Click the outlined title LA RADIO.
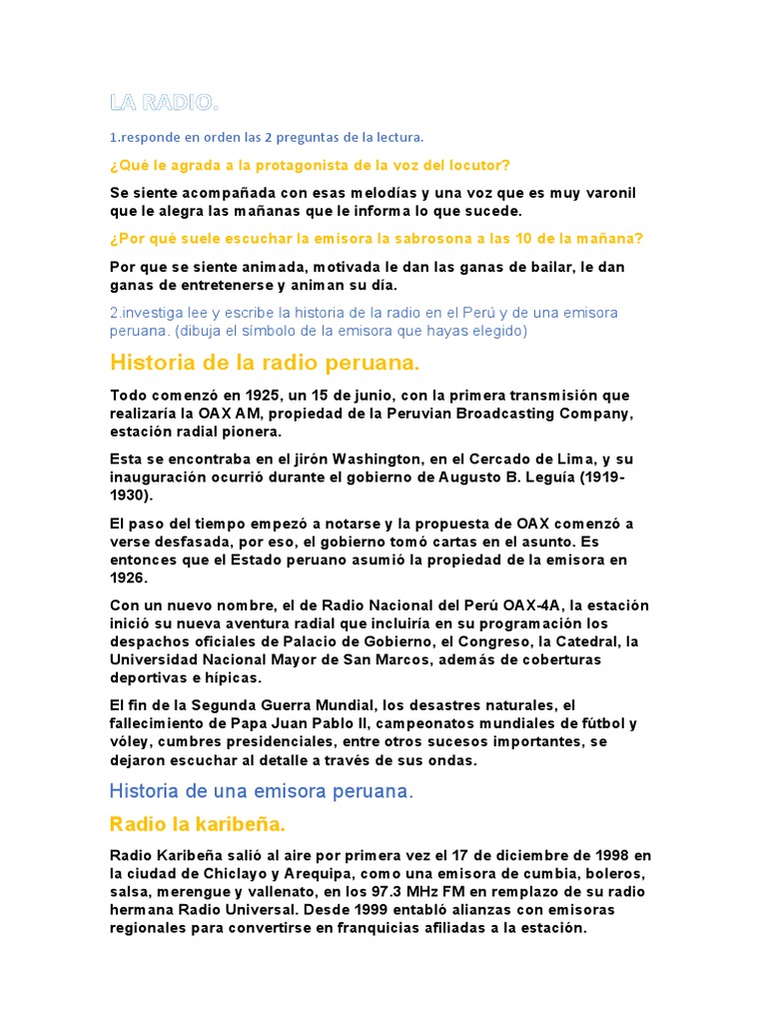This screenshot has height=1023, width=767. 164,103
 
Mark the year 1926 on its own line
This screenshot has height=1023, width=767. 129,577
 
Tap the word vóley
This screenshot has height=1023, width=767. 131,742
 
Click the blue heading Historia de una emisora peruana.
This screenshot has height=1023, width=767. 261,791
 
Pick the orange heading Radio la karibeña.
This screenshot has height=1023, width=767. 198,824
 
